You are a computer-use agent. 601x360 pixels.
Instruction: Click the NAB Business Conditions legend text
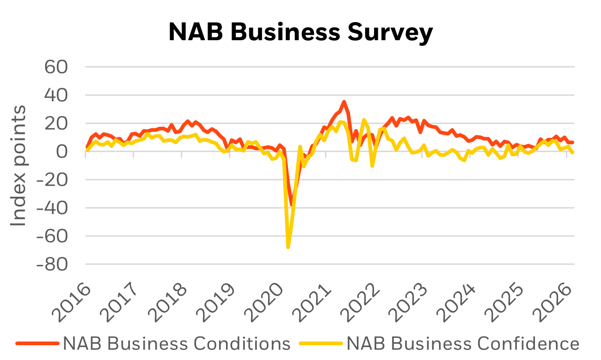click(x=177, y=344)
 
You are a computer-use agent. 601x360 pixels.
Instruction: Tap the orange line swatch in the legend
click(x=37, y=344)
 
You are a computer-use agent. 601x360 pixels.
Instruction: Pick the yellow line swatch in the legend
click(x=321, y=344)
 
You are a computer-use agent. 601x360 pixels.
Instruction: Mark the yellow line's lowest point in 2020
click(x=288, y=248)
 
